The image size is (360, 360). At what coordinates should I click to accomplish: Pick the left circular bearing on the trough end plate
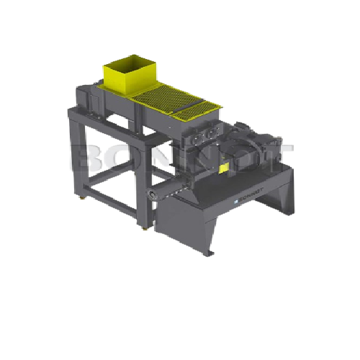pyautogui.click(x=197, y=135)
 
